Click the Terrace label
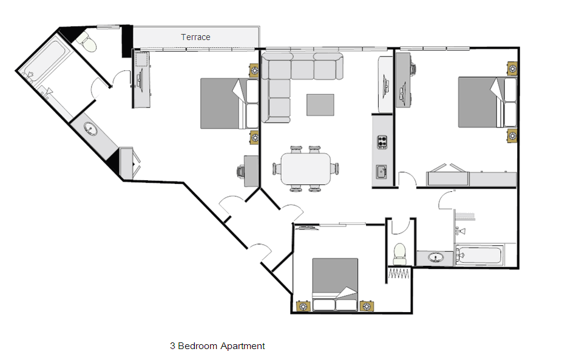pos(195,37)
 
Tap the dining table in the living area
pos(306,169)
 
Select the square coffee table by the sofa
pos(320,104)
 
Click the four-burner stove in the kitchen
pos(382,142)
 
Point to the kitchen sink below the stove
pos(381,171)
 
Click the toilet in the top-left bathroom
pos(87,42)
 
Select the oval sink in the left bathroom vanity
pos(90,129)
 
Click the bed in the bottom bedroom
pos(335,284)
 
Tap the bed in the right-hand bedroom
pos(488,102)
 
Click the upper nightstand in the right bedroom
pos(512,69)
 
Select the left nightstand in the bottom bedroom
pos(303,306)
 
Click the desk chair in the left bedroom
pos(240,171)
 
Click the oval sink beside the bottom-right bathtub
pos(436,257)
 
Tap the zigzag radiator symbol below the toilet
pos(399,274)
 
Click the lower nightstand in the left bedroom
pos(254,137)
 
